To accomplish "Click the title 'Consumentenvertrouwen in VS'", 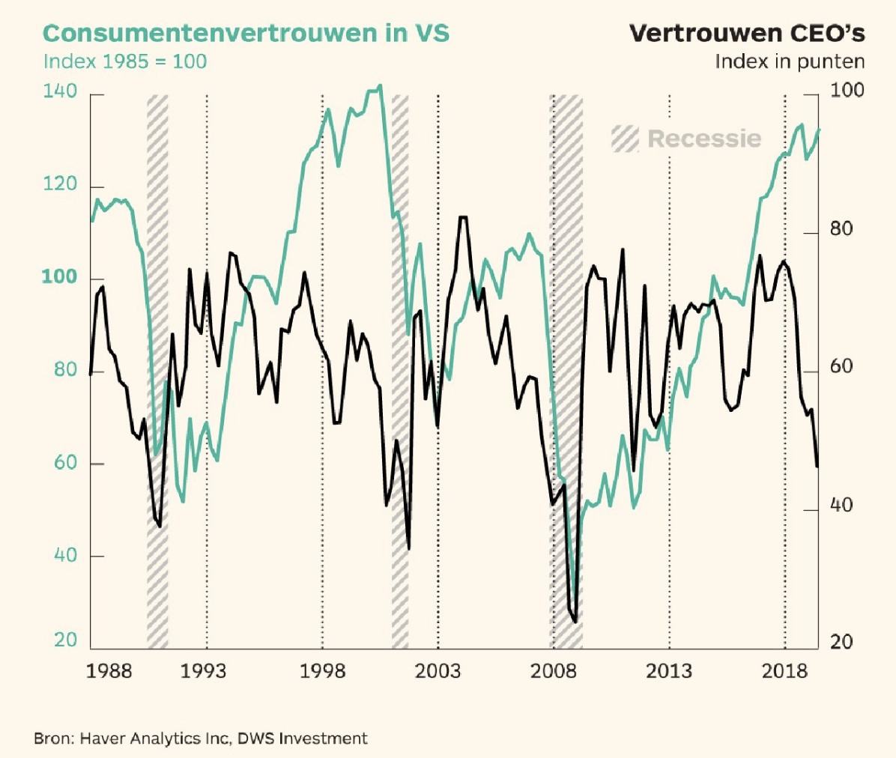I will (x=246, y=34).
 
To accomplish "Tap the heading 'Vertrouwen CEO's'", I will (x=747, y=34).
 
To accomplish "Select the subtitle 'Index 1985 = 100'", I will (x=125, y=61).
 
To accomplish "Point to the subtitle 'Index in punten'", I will (x=790, y=61).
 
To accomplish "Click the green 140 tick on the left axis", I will (x=60, y=91).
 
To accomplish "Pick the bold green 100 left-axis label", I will (x=59, y=277).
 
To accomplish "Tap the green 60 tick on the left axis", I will (x=60, y=463).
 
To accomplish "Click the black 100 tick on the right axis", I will (x=847, y=91).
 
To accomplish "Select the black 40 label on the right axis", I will (x=841, y=506).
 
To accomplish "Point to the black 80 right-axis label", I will (x=841, y=229).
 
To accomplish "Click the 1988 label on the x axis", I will (x=109, y=670).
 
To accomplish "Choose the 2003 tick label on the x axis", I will (x=438, y=670).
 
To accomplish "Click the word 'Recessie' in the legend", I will (x=704, y=139).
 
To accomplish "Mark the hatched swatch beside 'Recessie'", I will (x=625, y=139).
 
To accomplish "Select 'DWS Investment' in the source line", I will (x=303, y=739).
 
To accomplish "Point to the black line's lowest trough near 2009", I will (x=575, y=621).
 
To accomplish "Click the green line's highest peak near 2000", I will (x=380, y=85).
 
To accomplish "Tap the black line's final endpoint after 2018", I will (x=817, y=467).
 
